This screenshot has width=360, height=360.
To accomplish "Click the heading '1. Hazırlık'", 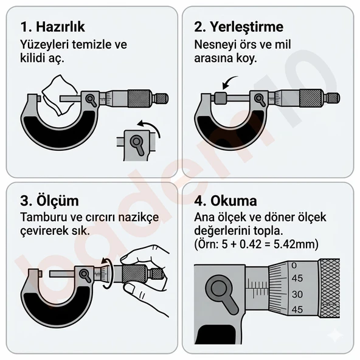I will click(52, 27).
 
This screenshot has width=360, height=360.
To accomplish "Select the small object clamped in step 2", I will click(221, 97).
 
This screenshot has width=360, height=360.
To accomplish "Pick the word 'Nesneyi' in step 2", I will click(215, 45).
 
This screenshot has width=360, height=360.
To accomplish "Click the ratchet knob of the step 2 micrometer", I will click(333, 97).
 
